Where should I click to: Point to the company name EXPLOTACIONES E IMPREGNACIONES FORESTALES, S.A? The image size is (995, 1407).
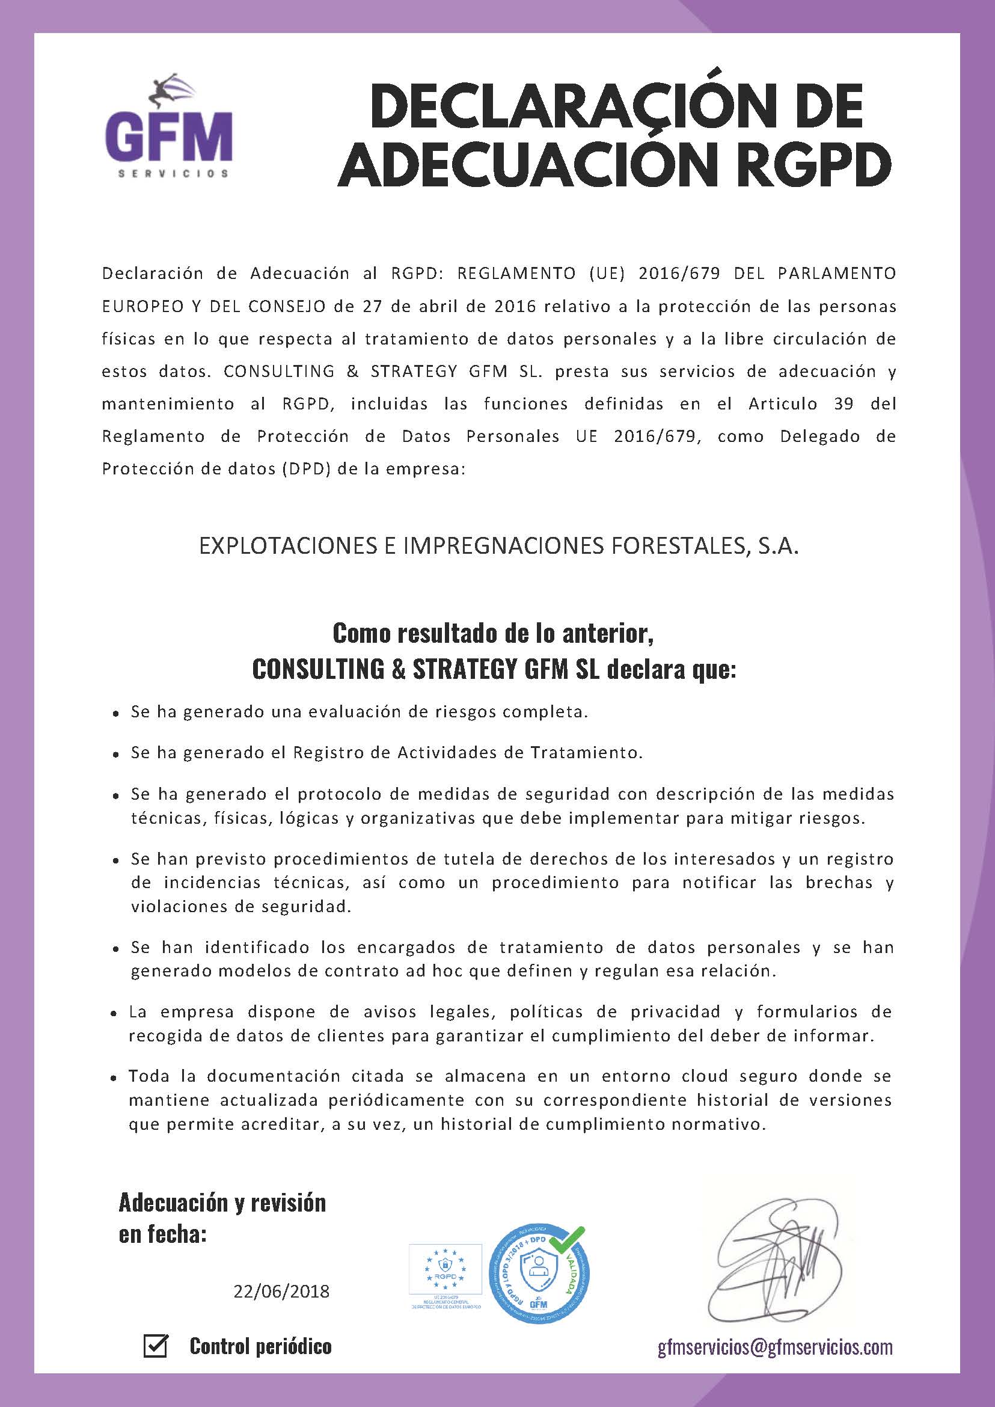pyautogui.click(x=499, y=546)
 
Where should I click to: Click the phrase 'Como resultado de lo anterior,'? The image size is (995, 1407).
pyautogui.click(x=493, y=633)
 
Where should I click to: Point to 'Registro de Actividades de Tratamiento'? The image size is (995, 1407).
pyautogui.click(x=468, y=753)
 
